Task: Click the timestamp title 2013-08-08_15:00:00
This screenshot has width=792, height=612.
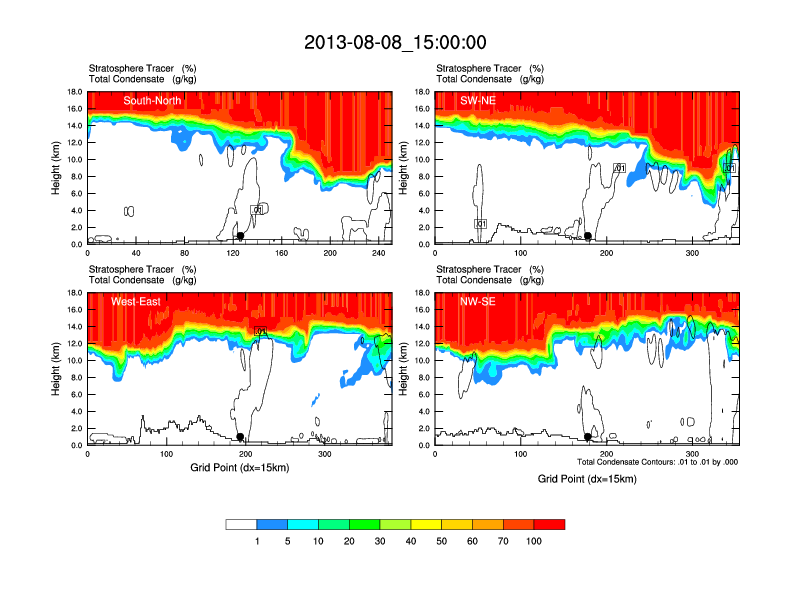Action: [395, 42]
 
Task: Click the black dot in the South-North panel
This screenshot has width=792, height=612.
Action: [240, 236]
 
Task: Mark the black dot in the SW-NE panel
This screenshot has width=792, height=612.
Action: [588, 236]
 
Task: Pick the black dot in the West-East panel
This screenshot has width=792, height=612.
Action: [241, 437]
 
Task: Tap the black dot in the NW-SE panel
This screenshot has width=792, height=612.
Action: [588, 437]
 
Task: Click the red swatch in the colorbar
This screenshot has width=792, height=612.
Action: [549, 524]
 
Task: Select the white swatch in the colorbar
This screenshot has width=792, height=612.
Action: [241, 524]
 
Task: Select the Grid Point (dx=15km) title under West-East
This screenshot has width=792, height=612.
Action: [240, 467]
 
